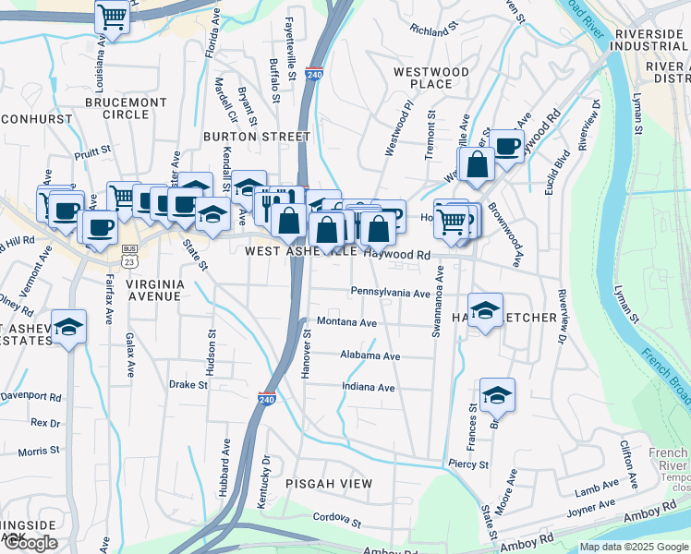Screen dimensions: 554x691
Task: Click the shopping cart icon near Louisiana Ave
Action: pos(112,16)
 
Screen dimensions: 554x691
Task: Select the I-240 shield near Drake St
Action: pos(266,398)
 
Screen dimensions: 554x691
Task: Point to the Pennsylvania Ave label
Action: pos(390,293)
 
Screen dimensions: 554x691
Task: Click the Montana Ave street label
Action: pos(346,323)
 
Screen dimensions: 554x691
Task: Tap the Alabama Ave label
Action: pos(370,355)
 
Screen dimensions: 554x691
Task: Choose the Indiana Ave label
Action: pos(368,388)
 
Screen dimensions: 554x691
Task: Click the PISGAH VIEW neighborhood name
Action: pos(329,484)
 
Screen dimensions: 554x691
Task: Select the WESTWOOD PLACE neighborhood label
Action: pos(423,78)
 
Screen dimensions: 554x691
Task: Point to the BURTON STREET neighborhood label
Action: pos(257,137)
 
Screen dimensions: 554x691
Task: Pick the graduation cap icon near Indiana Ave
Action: pos(497,395)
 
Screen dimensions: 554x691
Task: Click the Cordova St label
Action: pos(336,519)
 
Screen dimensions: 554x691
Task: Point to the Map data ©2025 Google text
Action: pos(634,547)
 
